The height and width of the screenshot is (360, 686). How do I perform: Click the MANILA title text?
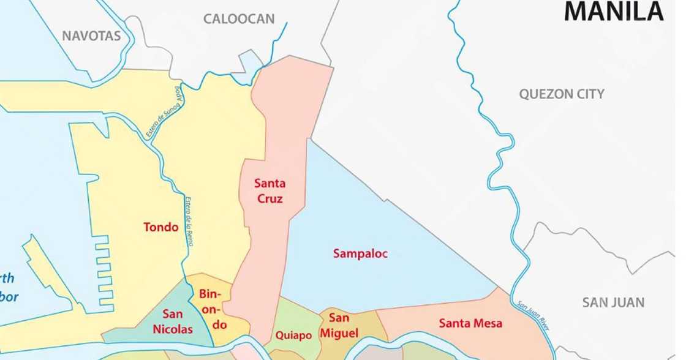pos(613,11)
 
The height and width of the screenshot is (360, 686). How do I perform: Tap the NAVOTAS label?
pos(91,36)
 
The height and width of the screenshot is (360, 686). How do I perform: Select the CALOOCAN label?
pos(239,19)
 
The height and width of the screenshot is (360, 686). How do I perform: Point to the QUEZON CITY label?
pos(562,94)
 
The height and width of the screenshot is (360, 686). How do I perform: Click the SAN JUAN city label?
pos(613,302)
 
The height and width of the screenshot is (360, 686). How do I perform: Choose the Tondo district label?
pos(161,227)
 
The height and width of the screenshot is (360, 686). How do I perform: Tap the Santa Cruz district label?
pos(270,190)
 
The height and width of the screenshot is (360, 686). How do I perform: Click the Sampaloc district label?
pos(360,253)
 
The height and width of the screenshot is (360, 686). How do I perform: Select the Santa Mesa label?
pos(470,323)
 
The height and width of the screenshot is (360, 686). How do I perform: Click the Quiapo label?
pos(293,336)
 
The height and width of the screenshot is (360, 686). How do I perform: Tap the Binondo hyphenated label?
pos(213,309)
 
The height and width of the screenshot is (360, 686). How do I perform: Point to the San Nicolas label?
pos(177,322)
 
